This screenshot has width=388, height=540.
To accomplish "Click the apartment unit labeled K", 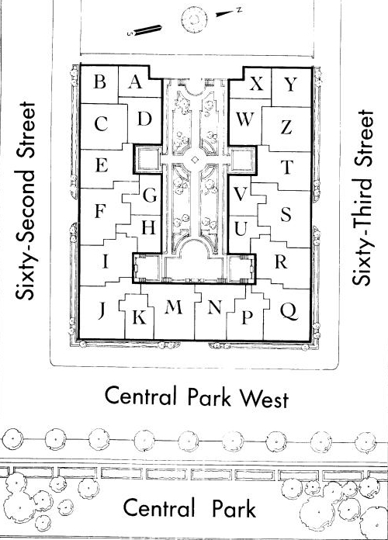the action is click(139, 317).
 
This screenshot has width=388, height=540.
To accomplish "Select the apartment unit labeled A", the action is click(135, 82).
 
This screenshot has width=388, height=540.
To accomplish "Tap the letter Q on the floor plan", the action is click(289, 311).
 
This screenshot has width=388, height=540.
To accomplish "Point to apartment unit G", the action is click(150, 196).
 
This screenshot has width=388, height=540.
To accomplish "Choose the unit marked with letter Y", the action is click(290, 84).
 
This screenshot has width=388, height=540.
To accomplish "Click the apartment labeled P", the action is click(247, 317).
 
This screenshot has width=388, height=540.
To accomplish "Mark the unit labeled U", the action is click(241, 229).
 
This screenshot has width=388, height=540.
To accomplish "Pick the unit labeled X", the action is click(256, 83).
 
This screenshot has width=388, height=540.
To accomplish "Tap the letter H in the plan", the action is click(148, 227).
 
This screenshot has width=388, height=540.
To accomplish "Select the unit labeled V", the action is click(241, 195).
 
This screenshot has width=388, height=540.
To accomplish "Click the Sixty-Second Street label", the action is click(25, 201).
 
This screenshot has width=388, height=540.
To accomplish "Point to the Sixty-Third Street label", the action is click(363, 197).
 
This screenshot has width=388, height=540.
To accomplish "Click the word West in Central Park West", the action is click(264, 399).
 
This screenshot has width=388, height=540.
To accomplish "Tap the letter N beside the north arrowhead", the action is click(239, 10).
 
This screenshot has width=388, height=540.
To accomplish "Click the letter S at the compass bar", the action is click(130, 34).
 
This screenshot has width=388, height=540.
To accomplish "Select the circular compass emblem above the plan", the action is click(195, 20).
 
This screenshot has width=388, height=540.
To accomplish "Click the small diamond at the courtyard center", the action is click(195, 160).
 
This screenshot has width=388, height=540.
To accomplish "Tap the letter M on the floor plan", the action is click(173, 307).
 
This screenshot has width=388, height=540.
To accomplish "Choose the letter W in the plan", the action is click(245, 119).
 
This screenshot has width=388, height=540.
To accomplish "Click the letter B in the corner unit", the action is click(99, 82).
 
